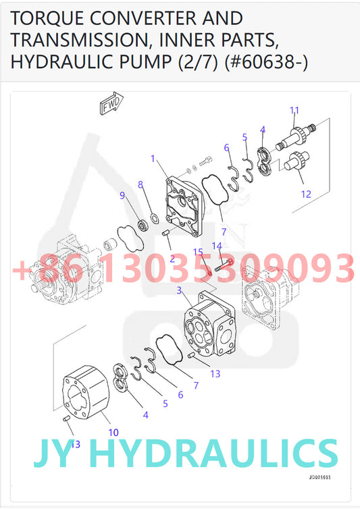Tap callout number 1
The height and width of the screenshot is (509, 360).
pyautogui.click(x=153, y=159)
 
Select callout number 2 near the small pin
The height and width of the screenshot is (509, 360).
pyautogui.click(x=172, y=259)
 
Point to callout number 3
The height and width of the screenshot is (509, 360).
pyautogui.click(x=179, y=290)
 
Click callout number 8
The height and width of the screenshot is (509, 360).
pyautogui.click(x=140, y=184)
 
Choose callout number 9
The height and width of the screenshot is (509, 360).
pyautogui.click(x=122, y=196)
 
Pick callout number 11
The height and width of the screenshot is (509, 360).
pyautogui.click(x=294, y=110)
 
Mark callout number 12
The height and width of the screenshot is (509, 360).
pyautogui.click(x=306, y=194)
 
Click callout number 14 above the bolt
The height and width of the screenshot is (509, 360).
pyautogui.click(x=217, y=246)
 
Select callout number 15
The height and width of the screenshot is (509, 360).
pyautogui.click(x=199, y=252)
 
